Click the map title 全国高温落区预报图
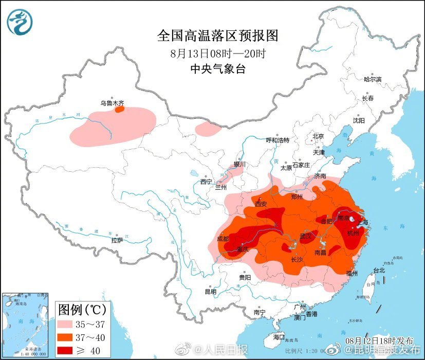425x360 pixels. (x=217, y=35)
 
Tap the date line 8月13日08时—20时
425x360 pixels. (x=217, y=53)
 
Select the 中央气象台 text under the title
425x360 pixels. (x=217, y=69)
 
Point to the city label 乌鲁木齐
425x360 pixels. (x=112, y=103)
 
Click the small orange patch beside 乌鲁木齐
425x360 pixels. (x=119, y=109)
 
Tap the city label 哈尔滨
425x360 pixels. (x=373, y=79)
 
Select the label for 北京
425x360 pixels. (x=318, y=136)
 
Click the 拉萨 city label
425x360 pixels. (x=117, y=240)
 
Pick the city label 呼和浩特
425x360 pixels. (x=278, y=140)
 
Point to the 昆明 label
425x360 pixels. (x=211, y=292)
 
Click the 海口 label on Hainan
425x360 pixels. (x=279, y=336)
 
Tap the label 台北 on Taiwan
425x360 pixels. (x=379, y=270)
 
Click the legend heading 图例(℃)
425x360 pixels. (x=82, y=310)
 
